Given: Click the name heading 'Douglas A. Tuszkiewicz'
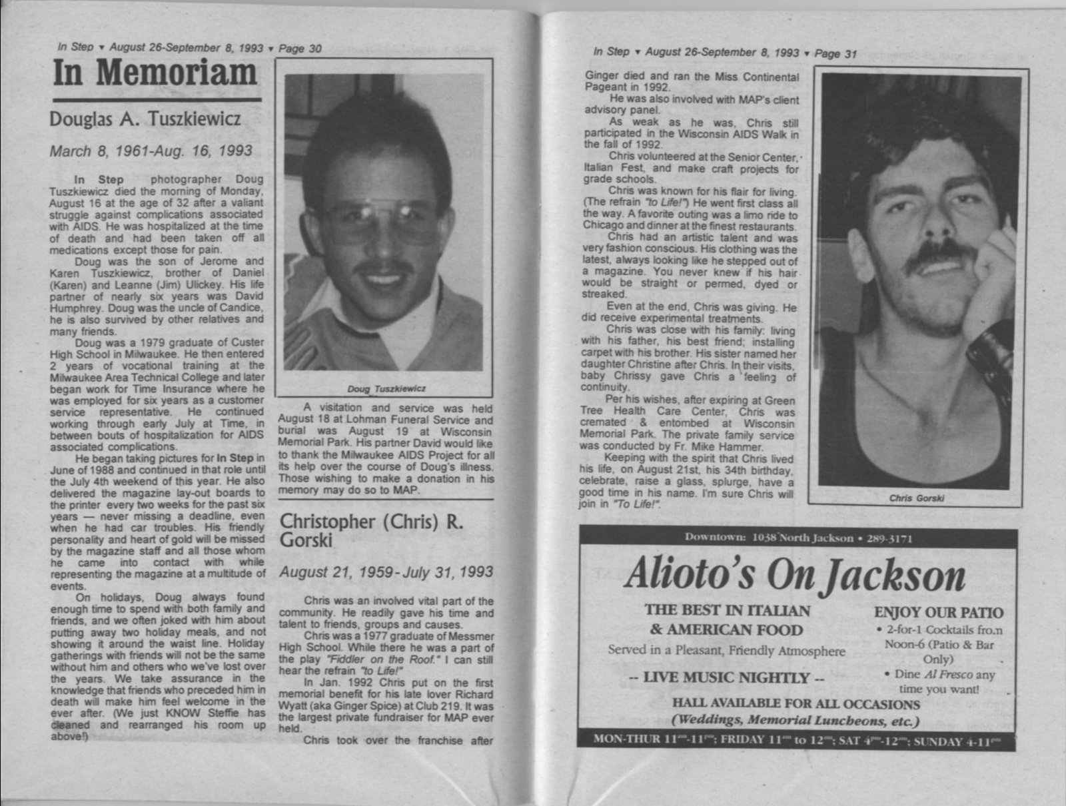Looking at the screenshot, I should (145, 119).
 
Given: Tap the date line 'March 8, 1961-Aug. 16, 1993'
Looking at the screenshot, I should (151, 151).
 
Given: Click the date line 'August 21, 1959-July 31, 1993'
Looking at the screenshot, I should (386, 572).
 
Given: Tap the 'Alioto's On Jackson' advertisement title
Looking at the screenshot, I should (795, 576).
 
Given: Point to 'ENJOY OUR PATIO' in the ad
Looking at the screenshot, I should (938, 613).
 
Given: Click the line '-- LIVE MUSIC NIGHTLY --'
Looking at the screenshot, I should (727, 678).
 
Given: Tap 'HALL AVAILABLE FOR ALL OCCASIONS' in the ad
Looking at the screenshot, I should (796, 704).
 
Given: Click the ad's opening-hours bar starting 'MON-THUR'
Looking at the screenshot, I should (796, 741).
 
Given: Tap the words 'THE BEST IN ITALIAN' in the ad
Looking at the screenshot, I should (727, 610).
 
